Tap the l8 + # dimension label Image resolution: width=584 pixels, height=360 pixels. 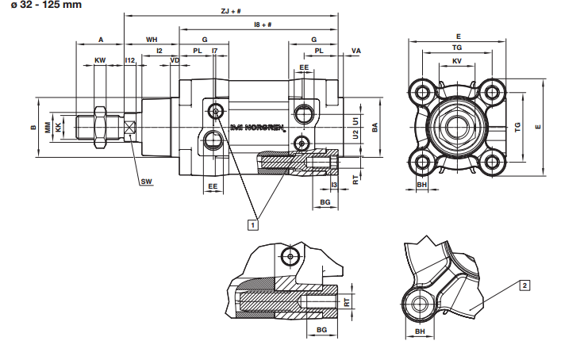point(263,25)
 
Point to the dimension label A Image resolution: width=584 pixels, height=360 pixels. point(101,38)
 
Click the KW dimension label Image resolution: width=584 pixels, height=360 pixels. point(100,60)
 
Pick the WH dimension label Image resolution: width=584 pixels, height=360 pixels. point(152,38)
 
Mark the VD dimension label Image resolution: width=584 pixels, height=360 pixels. point(175,60)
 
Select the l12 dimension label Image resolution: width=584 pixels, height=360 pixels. point(130,60)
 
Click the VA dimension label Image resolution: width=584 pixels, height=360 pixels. point(355,51)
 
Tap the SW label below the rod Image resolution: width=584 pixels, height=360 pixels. point(145,182)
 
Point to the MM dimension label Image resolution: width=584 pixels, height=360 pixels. point(48,127)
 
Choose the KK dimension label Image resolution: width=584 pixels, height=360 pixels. point(58,127)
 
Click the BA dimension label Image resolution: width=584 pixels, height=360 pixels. point(374,127)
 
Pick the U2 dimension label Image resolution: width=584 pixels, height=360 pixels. point(355,135)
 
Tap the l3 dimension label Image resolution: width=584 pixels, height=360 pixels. point(334,185)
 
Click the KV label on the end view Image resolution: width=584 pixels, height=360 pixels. point(456,60)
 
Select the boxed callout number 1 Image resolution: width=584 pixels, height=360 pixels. point(253,225)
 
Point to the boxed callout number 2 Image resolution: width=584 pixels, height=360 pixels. point(524,284)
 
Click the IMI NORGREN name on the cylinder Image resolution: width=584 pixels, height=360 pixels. point(256,127)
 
